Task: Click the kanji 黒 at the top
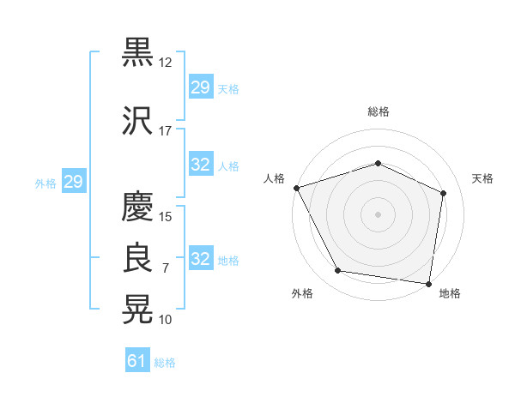coord(137,52)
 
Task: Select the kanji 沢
coord(137,121)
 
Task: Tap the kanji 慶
coord(137,206)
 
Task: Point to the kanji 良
coord(137,257)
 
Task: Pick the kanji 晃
coord(137,310)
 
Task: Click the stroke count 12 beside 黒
coord(165,63)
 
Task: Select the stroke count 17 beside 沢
coord(165,131)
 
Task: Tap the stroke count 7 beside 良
coord(166,268)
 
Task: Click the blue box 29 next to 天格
coord(201,87)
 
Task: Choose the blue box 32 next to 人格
coord(201,164)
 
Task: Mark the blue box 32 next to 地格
coord(201,257)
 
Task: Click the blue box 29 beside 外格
coord(74,181)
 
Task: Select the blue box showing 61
coord(137,359)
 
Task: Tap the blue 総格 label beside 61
coord(165,363)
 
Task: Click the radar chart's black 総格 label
coord(379,111)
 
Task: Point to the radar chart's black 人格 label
coord(274,178)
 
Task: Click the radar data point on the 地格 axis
coord(428,284)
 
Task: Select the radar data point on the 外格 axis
coord(337,270)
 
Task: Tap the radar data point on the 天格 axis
coord(443,193)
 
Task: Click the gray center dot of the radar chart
coord(378,214)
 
